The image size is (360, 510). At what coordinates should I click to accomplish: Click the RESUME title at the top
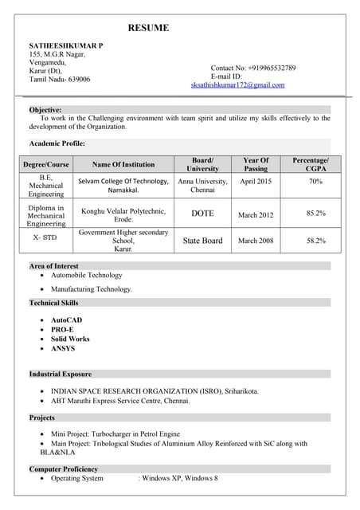tap(148, 28)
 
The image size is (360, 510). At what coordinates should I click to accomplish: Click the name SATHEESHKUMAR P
tap(65, 47)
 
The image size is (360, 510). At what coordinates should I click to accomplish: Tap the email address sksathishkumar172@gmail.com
tap(237, 84)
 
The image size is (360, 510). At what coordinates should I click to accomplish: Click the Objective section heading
tap(45, 109)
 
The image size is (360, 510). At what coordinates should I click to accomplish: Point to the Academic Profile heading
tap(57, 143)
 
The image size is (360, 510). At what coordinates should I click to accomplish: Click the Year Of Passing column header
tap(256, 164)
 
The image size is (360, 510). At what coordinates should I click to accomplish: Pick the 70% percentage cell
tap(315, 182)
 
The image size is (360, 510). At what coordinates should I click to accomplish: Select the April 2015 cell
tap(256, 182)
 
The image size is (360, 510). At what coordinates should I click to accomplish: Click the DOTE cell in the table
tap(203, 214)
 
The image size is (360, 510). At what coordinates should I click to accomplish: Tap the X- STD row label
tap(45, 238)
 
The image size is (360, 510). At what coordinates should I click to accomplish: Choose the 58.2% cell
tap(315, 240)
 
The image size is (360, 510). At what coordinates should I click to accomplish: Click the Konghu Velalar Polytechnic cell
tap(123, 214)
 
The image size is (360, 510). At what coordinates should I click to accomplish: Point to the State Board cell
tap(203, 240)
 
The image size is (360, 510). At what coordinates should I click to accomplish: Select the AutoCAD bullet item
tap(66, 320)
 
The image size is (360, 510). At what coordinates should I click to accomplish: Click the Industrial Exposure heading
tap(61, 374)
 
